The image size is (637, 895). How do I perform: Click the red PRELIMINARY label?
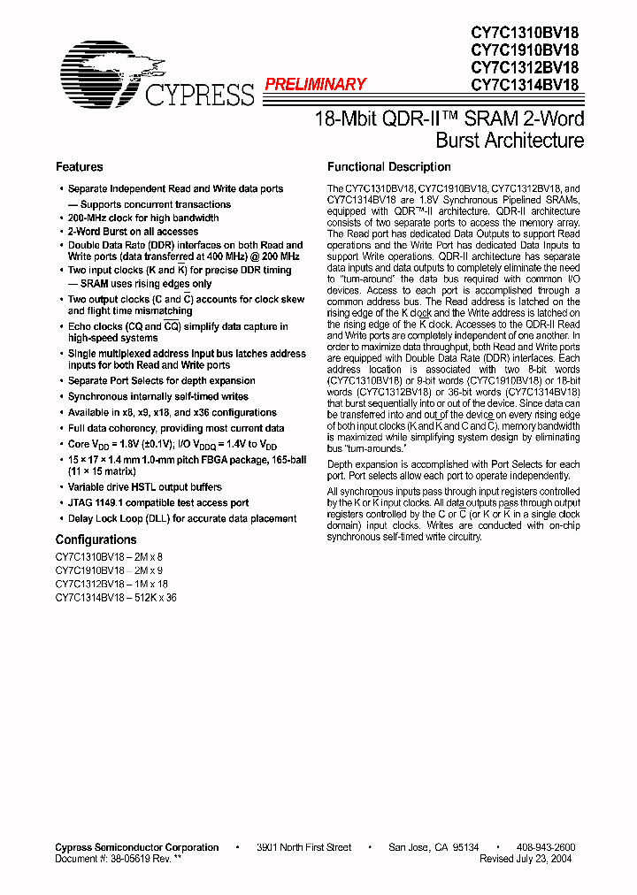pos(315,84)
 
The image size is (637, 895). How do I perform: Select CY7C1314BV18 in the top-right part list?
pos(525,85)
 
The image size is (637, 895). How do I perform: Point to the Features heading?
pos(79,167)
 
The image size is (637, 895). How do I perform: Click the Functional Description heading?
pos(389,167)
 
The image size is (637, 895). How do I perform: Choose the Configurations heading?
pos(96,539)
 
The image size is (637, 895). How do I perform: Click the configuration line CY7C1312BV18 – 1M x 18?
pos(111,584)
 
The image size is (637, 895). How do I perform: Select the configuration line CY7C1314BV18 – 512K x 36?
pos(116,597)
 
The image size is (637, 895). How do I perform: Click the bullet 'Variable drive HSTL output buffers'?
pos(145,487)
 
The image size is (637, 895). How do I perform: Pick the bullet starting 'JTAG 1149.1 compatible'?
pos(158,503)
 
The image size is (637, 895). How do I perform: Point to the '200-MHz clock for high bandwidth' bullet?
pos(143,218)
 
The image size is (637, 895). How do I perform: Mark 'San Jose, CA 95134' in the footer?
pos(434,847)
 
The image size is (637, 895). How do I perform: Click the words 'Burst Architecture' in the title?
pos(510,141)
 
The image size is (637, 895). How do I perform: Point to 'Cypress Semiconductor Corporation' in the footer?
pos(137,847)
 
